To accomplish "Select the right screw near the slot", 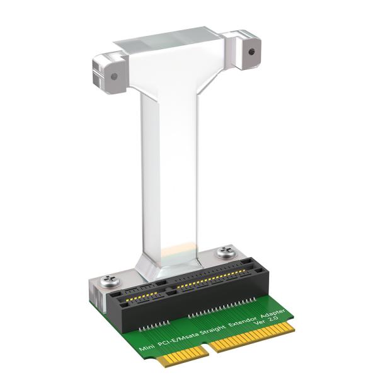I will click(x=224, y=253).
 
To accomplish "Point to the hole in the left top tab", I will click(x=114, y=76).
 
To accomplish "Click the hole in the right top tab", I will click(x=251, y=52).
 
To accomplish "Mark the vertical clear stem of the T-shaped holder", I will click(x=169, y=176).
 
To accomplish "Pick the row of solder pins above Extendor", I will click(x=227, y=307).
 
